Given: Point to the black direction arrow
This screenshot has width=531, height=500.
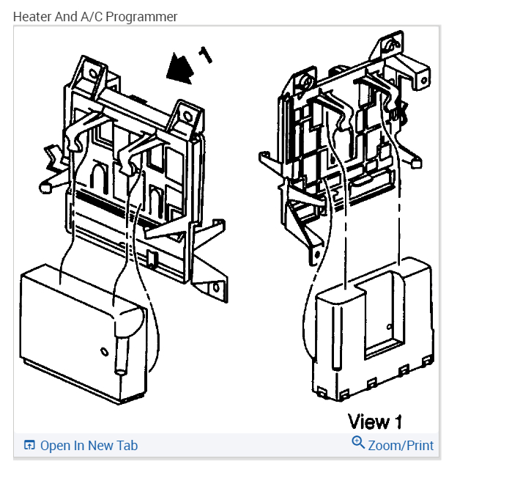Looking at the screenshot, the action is pyautogui.click(x=178, y=68).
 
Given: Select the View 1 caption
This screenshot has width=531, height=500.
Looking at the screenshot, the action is pyautogui.click(x=375, y=422).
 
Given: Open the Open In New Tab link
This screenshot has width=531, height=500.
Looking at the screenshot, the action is pyautogui.click(x=89, y=446).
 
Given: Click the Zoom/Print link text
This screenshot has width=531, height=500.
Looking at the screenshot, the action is pyautogui.click(x=401, y=446).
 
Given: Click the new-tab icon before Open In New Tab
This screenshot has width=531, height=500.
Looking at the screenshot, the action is pyautogui.click(x=29, y=446).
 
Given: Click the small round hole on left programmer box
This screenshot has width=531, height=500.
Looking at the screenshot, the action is pyautogui.click(x=103, y=350).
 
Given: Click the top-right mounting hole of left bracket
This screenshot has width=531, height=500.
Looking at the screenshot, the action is pyautogui.click(x=187, y=116).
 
